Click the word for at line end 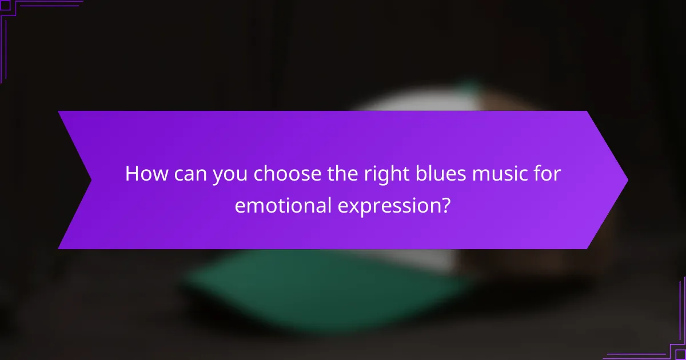tap(547, 174)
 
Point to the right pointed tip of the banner tap(627, 180)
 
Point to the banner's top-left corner tap(58, 112)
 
